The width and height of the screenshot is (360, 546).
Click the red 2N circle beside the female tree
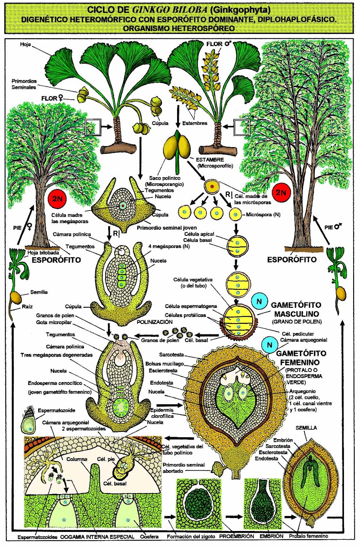click(57, 198)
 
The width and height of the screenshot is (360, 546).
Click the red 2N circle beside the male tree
click(281, 192)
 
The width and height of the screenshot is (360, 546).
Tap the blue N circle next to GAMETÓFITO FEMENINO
click(270, 345)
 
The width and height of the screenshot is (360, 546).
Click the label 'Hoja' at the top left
click(25, 44)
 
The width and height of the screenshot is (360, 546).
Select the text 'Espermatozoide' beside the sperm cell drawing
click(56, 410)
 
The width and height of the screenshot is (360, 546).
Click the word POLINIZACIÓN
click(155, 322)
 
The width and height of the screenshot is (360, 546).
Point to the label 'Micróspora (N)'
click(263, 215)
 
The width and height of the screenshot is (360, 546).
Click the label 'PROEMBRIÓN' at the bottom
click(236, 536)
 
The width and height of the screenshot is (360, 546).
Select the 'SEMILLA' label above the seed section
click(306, 428)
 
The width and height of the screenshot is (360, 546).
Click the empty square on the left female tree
click(93, 127)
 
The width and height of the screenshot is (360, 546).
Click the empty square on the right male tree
click(242, 127)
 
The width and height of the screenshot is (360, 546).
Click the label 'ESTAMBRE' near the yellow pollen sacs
click(210, 159)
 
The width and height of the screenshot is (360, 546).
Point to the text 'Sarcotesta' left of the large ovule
click(171, 355)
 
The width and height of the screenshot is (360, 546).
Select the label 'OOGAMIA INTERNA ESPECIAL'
click(97, 537)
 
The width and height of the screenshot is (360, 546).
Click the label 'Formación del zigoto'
click(191, 536)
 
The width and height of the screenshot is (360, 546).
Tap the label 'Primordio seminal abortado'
click(184, 468)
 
